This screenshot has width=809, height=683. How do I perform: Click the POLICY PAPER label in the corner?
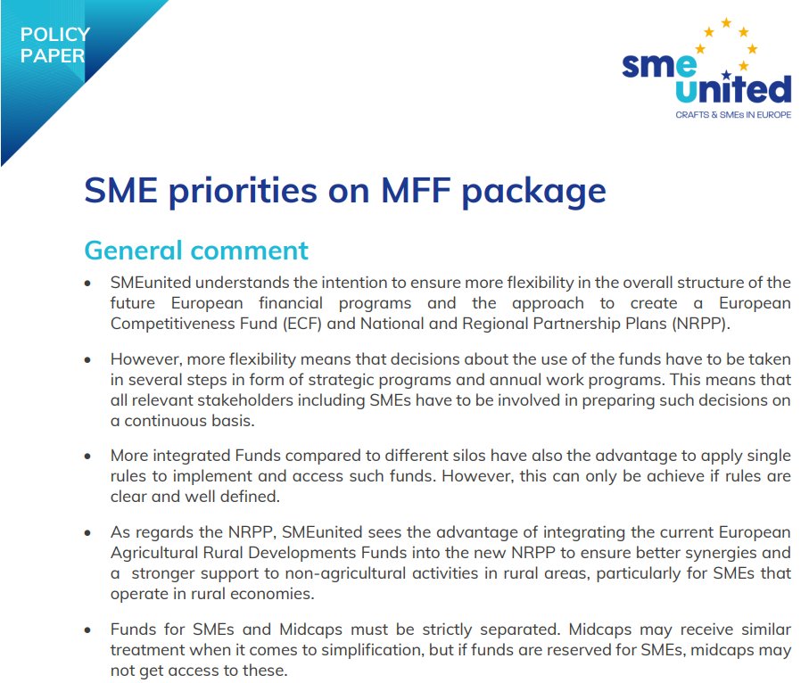(x=54, y=45)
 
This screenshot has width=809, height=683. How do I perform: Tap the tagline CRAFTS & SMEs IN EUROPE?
(x=732, y=115)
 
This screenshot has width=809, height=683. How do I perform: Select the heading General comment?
(x=196, y=250)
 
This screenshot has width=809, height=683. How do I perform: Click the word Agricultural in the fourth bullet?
(x=154, y=553)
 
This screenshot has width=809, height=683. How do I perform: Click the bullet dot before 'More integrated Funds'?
(x=87, y=456)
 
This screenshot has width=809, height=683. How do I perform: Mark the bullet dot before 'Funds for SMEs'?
(x=87, y=630)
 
